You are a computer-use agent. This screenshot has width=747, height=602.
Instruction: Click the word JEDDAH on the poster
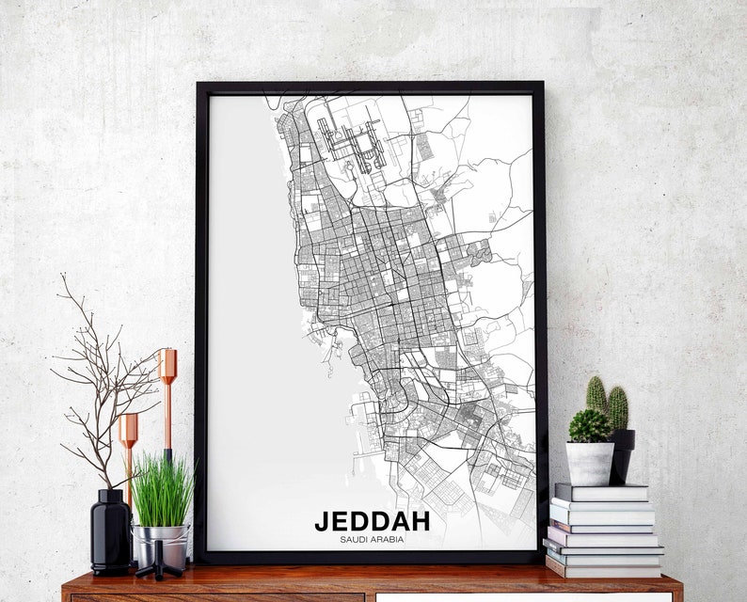[372, 520]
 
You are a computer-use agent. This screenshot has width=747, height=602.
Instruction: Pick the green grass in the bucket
[163, 489]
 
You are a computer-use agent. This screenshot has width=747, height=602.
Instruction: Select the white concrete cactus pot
[590, 463]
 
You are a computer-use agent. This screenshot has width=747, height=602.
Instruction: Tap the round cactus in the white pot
[590, 425]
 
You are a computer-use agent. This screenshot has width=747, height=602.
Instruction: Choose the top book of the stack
[601, 492]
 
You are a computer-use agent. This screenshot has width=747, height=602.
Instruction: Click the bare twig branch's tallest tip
[61, 277]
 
